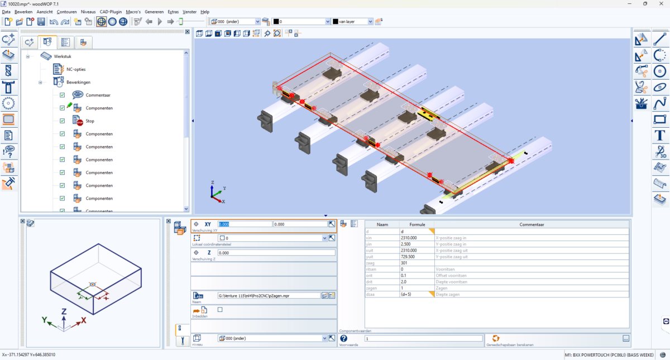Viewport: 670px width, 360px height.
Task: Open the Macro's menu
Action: (x=133, y=12)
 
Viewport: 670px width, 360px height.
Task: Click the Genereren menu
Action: (x=154, y=12)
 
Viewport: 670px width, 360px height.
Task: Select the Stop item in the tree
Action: (x=90, y=121)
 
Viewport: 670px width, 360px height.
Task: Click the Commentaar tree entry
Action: (x=98, y=95)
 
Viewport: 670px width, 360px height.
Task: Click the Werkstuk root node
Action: (x=63, y=56)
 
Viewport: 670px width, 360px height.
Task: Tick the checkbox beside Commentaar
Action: (x=63, y=95)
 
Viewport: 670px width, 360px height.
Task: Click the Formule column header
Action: (x=417, y=224)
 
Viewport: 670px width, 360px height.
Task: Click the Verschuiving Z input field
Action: (x=276, y=253)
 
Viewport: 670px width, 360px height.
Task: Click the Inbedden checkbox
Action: (x=220, y=309)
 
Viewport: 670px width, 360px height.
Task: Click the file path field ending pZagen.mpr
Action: (x=269, y=295)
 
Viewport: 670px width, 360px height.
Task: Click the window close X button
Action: (x=661, y=4)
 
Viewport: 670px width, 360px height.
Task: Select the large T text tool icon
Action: (x=659, y=135)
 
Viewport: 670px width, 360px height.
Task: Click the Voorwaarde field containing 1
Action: (x=423, y=338)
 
